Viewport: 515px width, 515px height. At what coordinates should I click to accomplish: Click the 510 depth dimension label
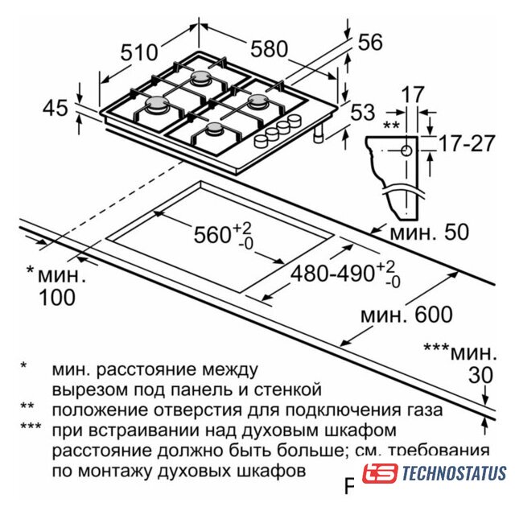point(139,53)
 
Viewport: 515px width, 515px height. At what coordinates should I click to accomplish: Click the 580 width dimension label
point(269,49)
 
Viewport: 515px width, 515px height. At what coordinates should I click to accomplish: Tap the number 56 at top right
point(370,42)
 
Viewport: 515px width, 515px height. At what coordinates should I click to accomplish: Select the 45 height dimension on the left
point(56,107)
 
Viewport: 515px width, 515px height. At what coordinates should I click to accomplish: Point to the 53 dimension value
point(363,113)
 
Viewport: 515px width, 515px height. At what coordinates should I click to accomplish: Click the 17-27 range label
point(467,143)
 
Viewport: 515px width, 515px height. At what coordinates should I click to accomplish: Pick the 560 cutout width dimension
point(224,235)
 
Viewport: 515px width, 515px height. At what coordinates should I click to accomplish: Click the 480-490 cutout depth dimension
point(345,274)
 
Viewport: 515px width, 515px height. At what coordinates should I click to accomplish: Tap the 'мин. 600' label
point(406,315)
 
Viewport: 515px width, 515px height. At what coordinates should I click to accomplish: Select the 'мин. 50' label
point(430,233)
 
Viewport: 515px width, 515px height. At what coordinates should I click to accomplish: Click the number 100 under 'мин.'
point(57,298)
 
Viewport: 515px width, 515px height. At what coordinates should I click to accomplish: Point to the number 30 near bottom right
point(481,375)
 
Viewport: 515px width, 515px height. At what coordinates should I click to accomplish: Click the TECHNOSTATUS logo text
point(454,473)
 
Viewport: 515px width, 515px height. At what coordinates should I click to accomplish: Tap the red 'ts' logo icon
point(380,473)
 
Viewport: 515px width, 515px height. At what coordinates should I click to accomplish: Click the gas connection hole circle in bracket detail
point(406,150)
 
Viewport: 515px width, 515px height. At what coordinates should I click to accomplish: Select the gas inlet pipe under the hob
point(318,134)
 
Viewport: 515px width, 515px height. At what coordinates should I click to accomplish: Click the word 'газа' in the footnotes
point(425,410)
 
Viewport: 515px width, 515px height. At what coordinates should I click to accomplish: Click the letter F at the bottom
point(349,486)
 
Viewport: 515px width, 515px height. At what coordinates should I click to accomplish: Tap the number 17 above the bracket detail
point(413,94)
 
